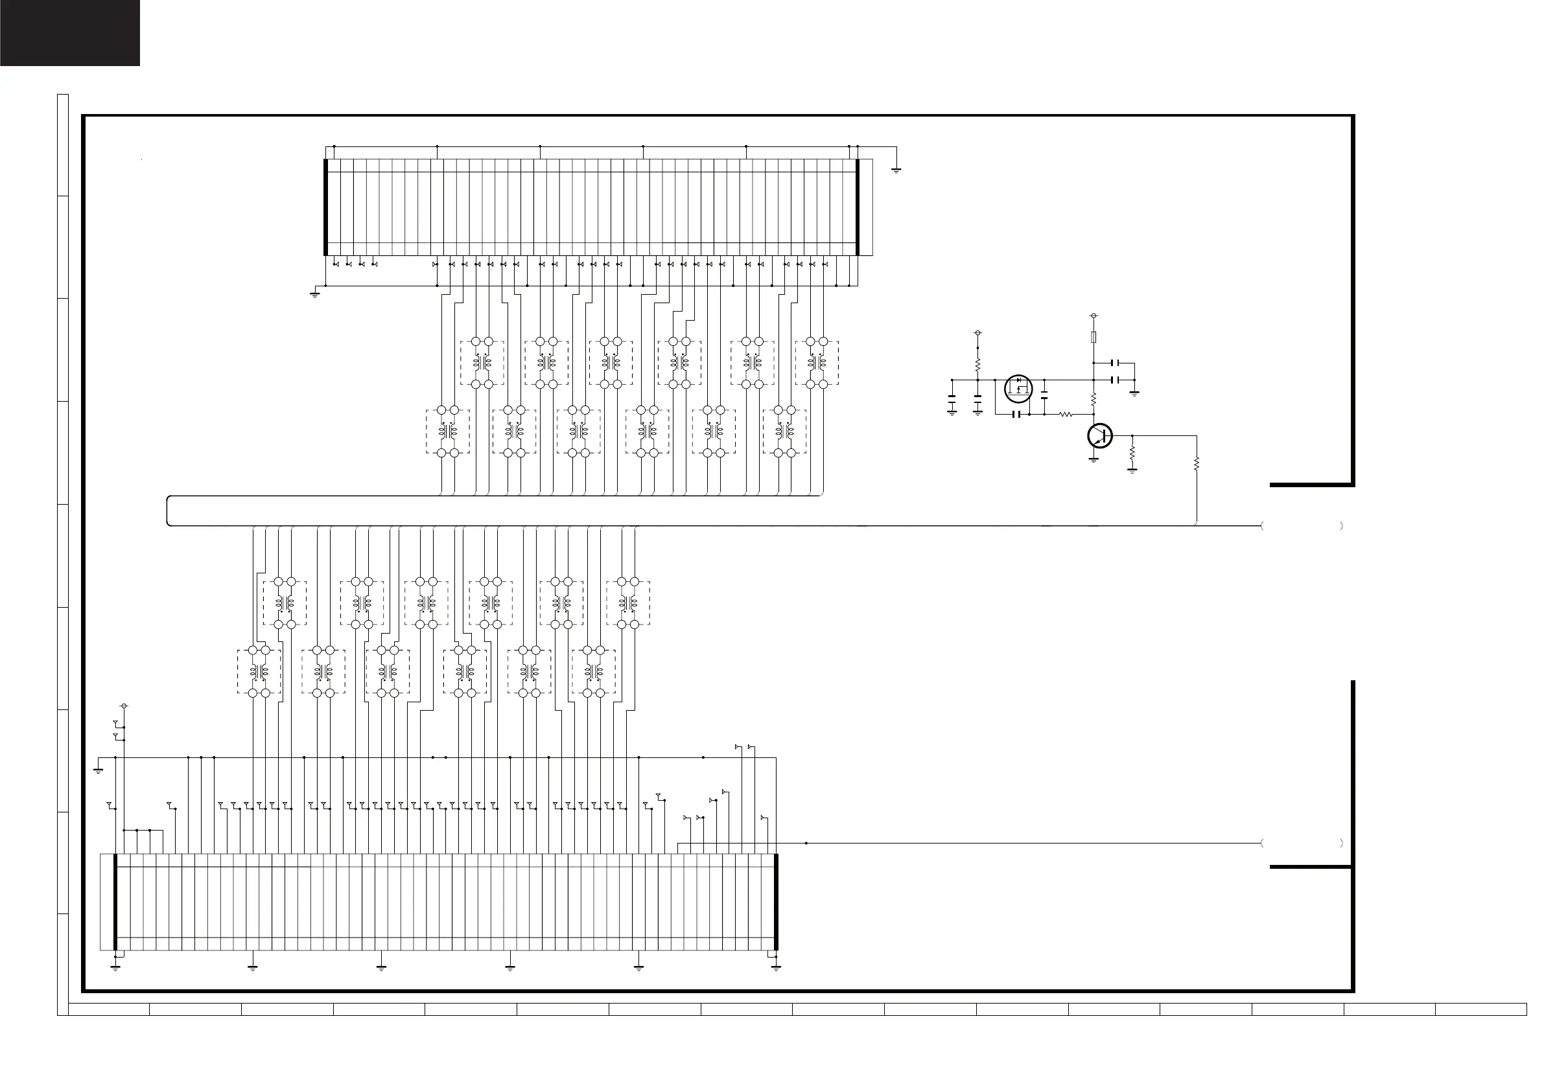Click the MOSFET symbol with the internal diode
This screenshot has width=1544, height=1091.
click(x=1018, y=389)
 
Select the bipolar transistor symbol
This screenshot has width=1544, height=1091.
click(x=1099, y=435)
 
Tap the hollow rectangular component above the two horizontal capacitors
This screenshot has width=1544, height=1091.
click(x=1094, y=337)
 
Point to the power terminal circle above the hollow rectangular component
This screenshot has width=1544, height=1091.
click(x=1094, y=316)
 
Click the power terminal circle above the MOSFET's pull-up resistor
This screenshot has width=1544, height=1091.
click(x=977, y=333)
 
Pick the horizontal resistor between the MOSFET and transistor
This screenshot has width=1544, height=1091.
click(x=1065, y=415)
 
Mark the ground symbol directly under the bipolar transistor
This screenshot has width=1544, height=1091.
click(x=1094, y=461)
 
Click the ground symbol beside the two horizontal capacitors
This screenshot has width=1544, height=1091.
click(x=1134, y=393)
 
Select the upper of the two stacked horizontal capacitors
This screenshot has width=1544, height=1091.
click(x=1116, y=363)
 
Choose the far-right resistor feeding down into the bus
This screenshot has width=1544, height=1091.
click(x=1197, y=463)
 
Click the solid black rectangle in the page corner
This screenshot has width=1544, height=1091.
click(x=70, y=33)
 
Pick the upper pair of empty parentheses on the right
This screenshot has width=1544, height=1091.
click(x=1302, y=525)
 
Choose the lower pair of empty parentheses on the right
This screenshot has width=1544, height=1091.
click(x=1302, y=843)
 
